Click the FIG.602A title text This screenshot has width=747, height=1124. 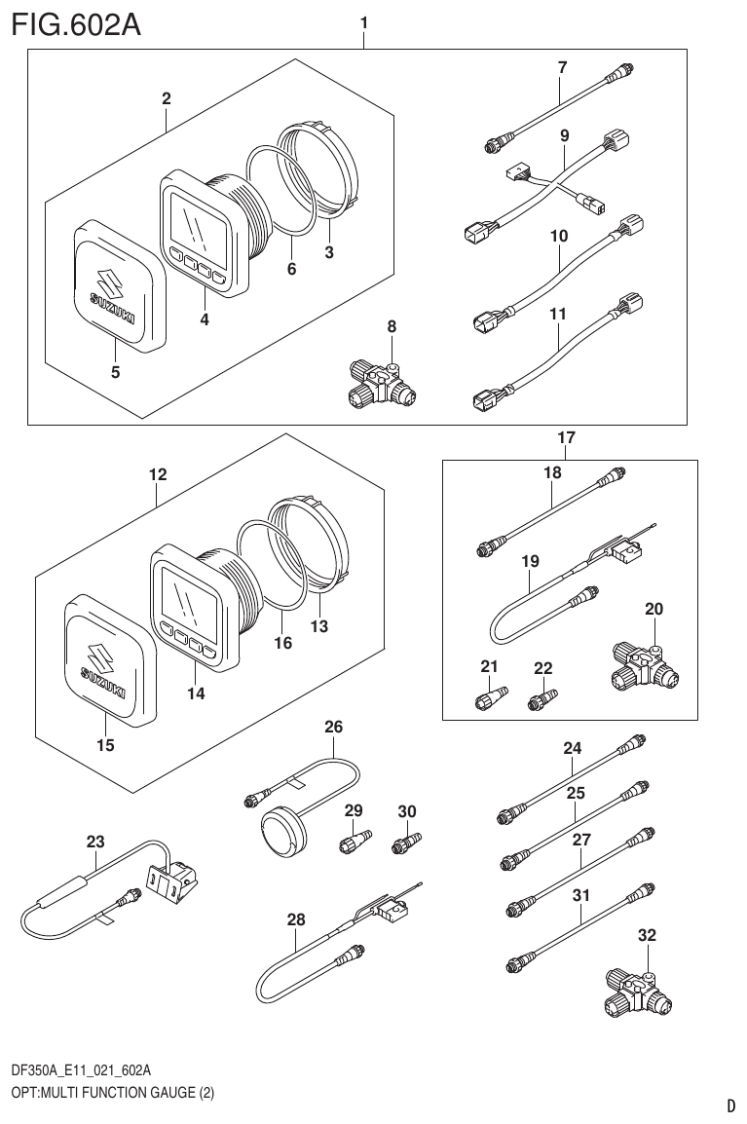pos(76,23)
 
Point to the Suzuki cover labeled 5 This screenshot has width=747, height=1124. pos(114,285)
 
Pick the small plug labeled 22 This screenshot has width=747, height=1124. pos(542,700)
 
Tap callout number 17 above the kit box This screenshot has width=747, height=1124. pos(566,439)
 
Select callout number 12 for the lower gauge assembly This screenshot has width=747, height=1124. pos(157,475)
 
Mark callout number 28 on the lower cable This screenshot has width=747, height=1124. pos(296,918)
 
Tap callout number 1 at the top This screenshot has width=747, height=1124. pos(363,20)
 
